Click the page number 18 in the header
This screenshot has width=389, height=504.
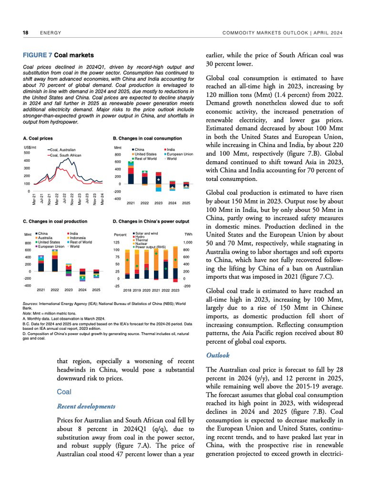pyautogui.click(x=26, y=33)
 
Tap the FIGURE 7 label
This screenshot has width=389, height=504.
pyautogui.click(x=38, y=56)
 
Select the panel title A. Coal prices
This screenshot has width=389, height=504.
pyautogui.click(x=38, y=137)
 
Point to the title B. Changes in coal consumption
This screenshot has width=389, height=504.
pyautogui.click(x=147, y=137)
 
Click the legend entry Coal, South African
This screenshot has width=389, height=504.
pyautogui.click(x=66, y=155)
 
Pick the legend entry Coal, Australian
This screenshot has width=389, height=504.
pyautogui.click(x=63, y=150)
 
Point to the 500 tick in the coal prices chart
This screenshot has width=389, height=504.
pyautogui.click(x=27, y=152)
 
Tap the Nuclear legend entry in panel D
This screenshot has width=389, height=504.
pyautogui.click(x=141, y=243)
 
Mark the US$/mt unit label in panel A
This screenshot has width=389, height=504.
pyautogui.click(x=29, y=147)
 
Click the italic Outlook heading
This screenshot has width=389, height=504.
pyautogui.click(x=217, y=354)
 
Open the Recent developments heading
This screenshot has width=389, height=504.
pyautogui.click(x=86, y=406)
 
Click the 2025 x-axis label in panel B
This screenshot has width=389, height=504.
pyautogui.click(x=186, y=203)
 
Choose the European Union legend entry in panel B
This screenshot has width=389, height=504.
pyautogui.click(x=180, y=154)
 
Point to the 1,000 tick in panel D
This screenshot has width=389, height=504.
pyautogui.click(x=188, y=243)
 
